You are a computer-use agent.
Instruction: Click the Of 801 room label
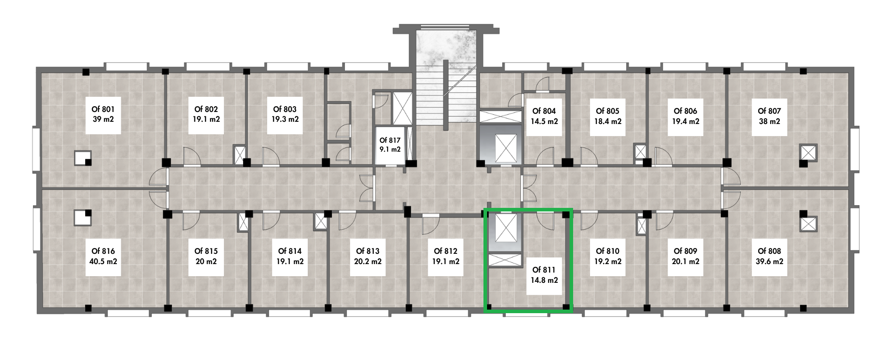pyautogui.click(x=103, y=109)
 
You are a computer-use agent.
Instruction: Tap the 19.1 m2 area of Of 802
pyautogui.click(x=206, y=120)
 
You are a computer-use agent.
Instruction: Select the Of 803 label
pyautogui.click(x=285, y=109)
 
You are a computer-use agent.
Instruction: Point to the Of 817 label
pyautogui.click(x=390, y=141)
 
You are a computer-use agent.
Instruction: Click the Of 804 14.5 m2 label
pyautogui.click(x=544, y=116)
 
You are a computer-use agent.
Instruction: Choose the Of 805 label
pyautogui.click(x=607, y=111)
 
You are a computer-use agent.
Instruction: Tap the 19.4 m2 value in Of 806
pyautogui.click(x=685, y=121)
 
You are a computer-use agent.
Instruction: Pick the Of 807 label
pyautogui.click(x=769, y=111)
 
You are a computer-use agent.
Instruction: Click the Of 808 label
pyautogui.click(x=769, y=251)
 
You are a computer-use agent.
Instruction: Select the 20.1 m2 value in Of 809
pyautogui.click(x=685, y=261)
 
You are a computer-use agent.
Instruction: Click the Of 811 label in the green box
pyautogui.click(x=544, y=270)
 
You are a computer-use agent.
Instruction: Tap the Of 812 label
pyautogui.click(x=445, y=251)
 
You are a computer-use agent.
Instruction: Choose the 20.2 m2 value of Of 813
pyautogui.click(x=368, y=261)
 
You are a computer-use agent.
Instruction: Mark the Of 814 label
pyautogui.click(x=290, y=251)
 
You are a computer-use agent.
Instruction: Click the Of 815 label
pyautogui.click(x=206, y=251)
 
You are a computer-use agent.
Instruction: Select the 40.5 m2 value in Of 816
pyautogui.click(x=103, y=261)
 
